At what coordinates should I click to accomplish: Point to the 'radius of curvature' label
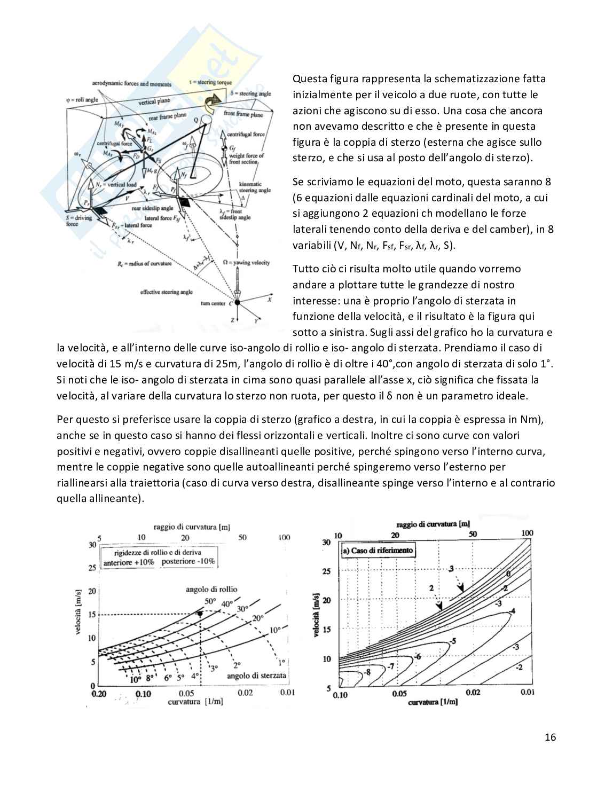click(145, 264)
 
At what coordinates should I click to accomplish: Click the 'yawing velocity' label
click(246, 262)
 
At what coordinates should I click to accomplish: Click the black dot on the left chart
click(200, 614)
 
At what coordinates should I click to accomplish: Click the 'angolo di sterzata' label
click(257, 676)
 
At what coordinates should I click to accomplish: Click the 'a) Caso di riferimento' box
click(377, 551)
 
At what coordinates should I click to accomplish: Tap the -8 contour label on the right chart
click(367, 671)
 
